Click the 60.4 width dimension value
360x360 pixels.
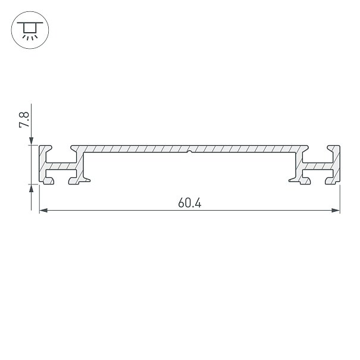190,203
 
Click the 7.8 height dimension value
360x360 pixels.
24,120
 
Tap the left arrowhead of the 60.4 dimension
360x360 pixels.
43,210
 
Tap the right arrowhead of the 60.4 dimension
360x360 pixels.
336,210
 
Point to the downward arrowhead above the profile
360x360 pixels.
31,141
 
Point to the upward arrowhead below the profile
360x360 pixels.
31,188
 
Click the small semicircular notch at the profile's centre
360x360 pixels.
189,152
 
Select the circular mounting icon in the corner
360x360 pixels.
30,30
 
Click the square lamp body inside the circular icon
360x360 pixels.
30,28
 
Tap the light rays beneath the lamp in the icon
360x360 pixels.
30,37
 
